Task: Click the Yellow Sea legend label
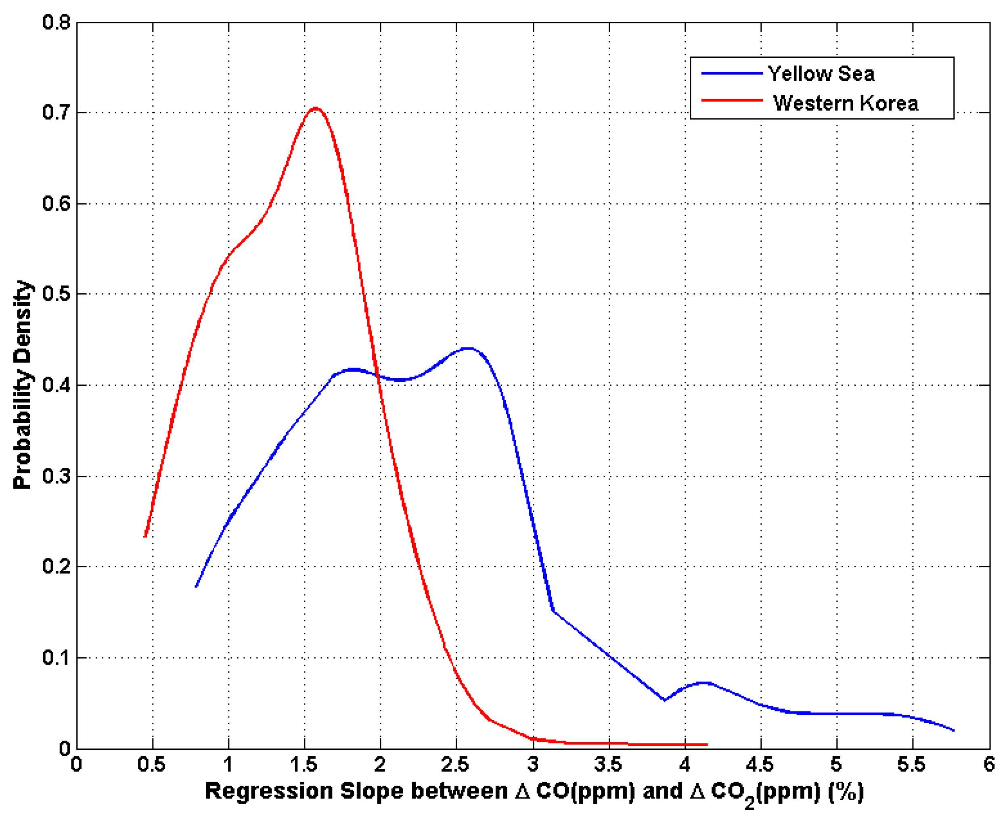click(x=821, y=73)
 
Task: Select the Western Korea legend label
click(x=846, y=103)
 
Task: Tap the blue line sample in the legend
click(x=732, y=73)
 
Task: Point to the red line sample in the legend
click(x=732, y=100)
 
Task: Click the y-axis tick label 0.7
click(x=56, y=113)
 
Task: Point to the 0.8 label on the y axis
click(x=56, y=22)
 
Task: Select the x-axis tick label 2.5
click(x=455, y=765)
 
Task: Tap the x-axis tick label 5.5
click(x=912, y=765)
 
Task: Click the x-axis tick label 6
click(x=989, y=765)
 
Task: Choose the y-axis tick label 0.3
click(x=56, y=476)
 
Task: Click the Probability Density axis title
click(x=22, y=385)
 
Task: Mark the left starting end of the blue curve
click(x=196, y=586)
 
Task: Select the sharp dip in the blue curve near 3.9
click(x=664, y=700)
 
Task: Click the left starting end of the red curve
click(x=145, y=536)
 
